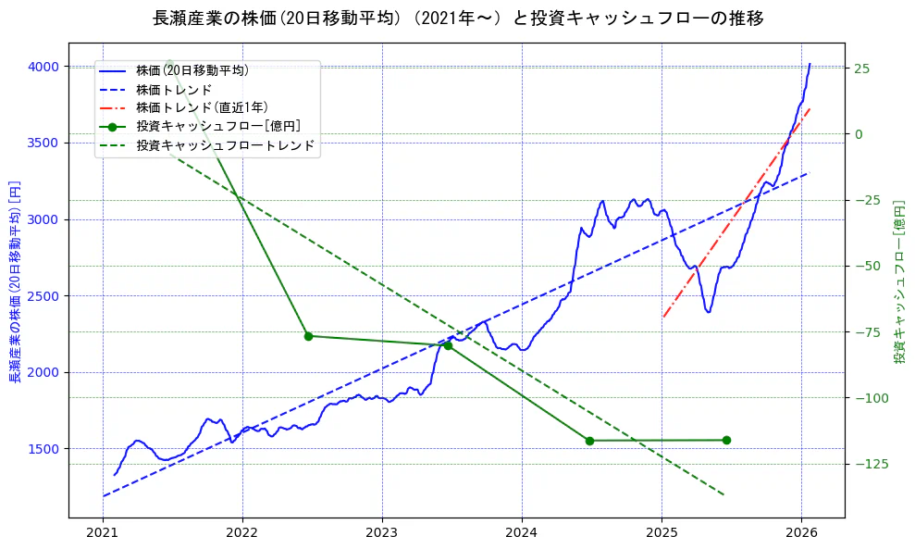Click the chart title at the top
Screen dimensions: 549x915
457,18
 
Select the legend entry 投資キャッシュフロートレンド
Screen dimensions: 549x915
225,145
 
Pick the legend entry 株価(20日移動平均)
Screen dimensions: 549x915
192,69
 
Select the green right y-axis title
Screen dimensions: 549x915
899,280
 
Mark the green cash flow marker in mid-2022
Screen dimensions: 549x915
308,336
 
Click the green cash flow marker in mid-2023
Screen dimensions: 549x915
448,345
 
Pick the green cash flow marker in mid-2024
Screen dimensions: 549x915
589,441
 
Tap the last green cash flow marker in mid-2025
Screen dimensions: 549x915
726,440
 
